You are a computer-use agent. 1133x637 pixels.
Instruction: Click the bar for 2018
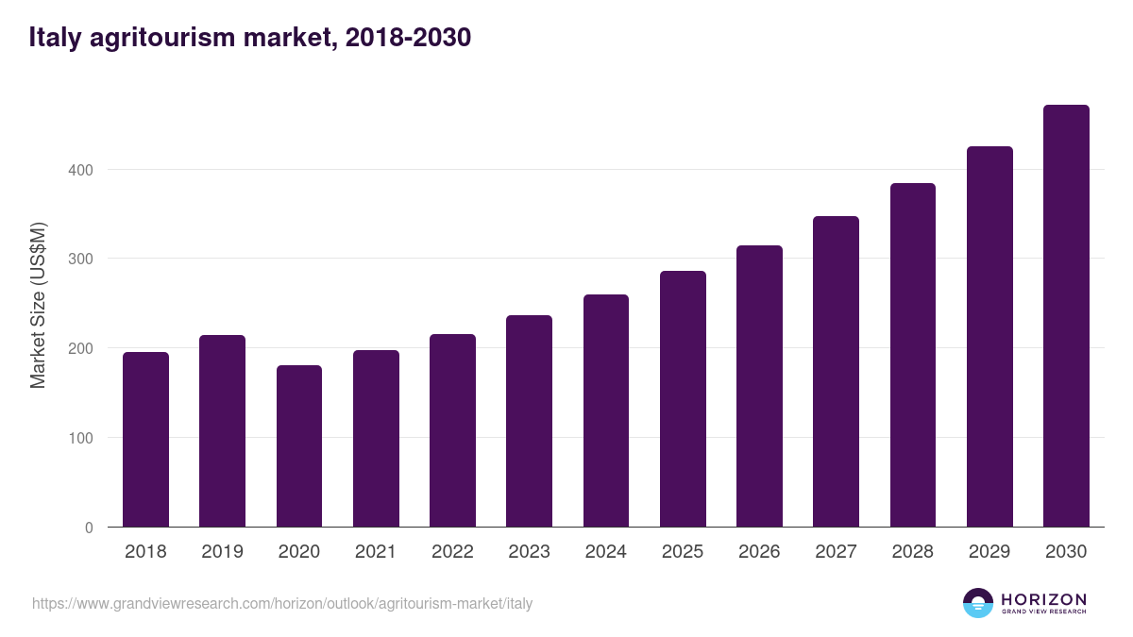point(145,440)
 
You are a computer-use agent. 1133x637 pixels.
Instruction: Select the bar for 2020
point(299,446)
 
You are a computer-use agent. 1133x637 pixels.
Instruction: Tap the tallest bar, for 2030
point(1066,316)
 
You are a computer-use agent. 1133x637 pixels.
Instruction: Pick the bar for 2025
point(683,399)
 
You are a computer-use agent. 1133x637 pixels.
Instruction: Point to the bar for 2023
point(529,421)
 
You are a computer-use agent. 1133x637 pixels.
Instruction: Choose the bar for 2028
point(913,355)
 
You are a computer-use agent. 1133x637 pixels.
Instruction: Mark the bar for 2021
point(376,439)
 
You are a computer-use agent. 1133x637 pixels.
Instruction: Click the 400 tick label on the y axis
point(81,170)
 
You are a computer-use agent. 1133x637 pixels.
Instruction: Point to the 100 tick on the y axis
point(81,438)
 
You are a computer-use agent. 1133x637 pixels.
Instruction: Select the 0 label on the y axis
point(89,528)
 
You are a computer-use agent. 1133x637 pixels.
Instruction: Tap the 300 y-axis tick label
point(81,260)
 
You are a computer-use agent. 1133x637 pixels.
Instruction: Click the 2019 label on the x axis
point(222,552)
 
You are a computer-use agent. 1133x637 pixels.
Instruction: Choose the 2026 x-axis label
point(759,552)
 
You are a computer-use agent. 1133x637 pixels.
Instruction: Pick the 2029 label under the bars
point(989,552)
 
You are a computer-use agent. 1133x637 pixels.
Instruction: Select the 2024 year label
point(605,552)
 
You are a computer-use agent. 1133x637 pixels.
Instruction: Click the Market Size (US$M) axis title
point(38,306)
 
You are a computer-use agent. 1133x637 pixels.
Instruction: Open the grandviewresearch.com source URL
point(282,603)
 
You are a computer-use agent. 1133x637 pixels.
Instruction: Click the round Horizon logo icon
point(978,603)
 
